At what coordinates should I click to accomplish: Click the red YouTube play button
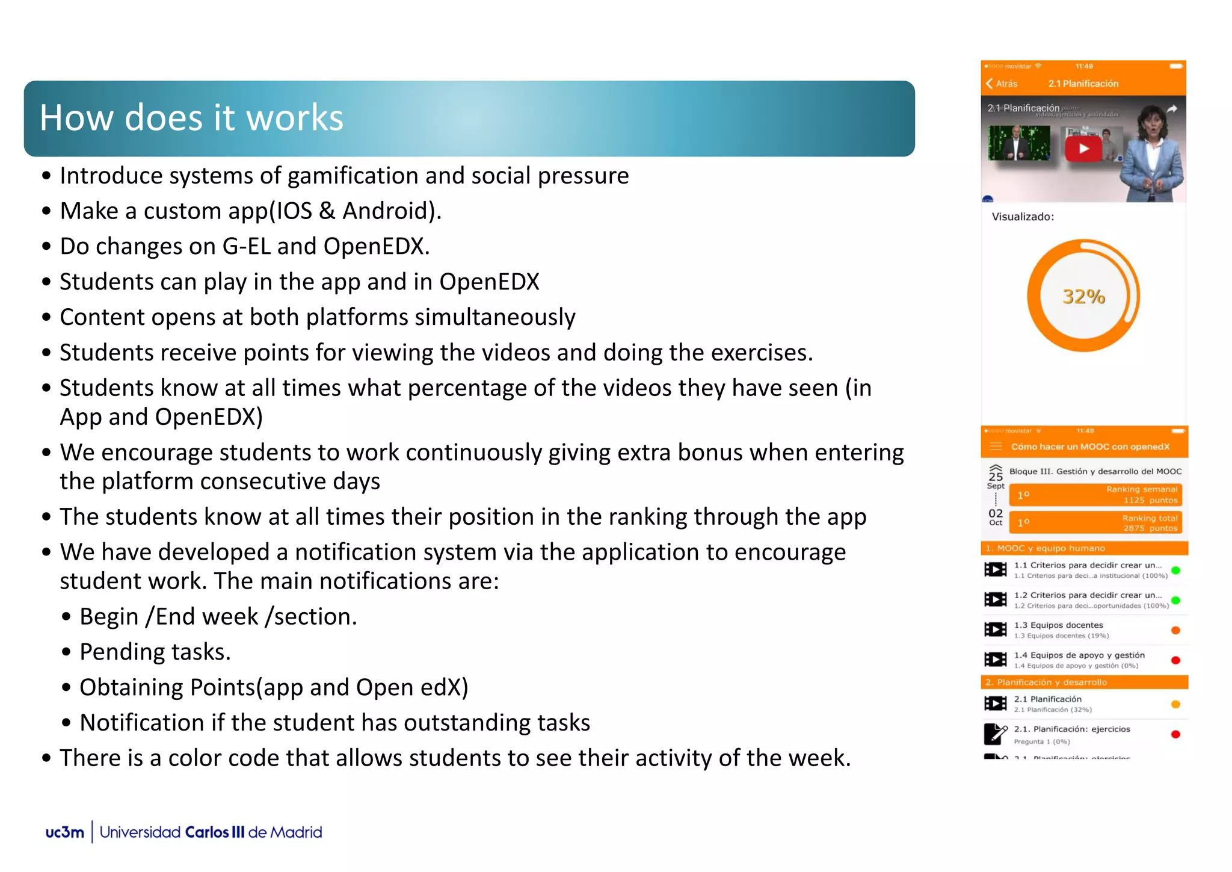tap(1083, 149)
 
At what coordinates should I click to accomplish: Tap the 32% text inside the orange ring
tap(1083, 296)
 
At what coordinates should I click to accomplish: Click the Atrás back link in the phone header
tap(1002, 84)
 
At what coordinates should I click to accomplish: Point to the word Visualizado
tap(1022, 217)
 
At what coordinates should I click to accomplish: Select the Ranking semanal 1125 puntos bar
tap(1095, 495)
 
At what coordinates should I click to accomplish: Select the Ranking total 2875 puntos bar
tap(1095, 522)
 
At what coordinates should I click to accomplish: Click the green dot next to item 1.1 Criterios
tap(1175, 570)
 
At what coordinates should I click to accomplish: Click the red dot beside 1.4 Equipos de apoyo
tap(1175, 660)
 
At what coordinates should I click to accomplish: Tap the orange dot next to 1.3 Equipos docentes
tap(1175, 630)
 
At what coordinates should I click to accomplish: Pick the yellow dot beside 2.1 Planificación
tap(1175, 704)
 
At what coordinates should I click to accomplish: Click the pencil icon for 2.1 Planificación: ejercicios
tap(995, 734)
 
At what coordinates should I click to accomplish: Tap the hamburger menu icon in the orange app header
tap(996, 447)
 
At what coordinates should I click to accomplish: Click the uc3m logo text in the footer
tap(64, 832)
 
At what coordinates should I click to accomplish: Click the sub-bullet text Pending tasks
tap(155, 652)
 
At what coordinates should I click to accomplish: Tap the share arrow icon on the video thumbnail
tap(1171, 109)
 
